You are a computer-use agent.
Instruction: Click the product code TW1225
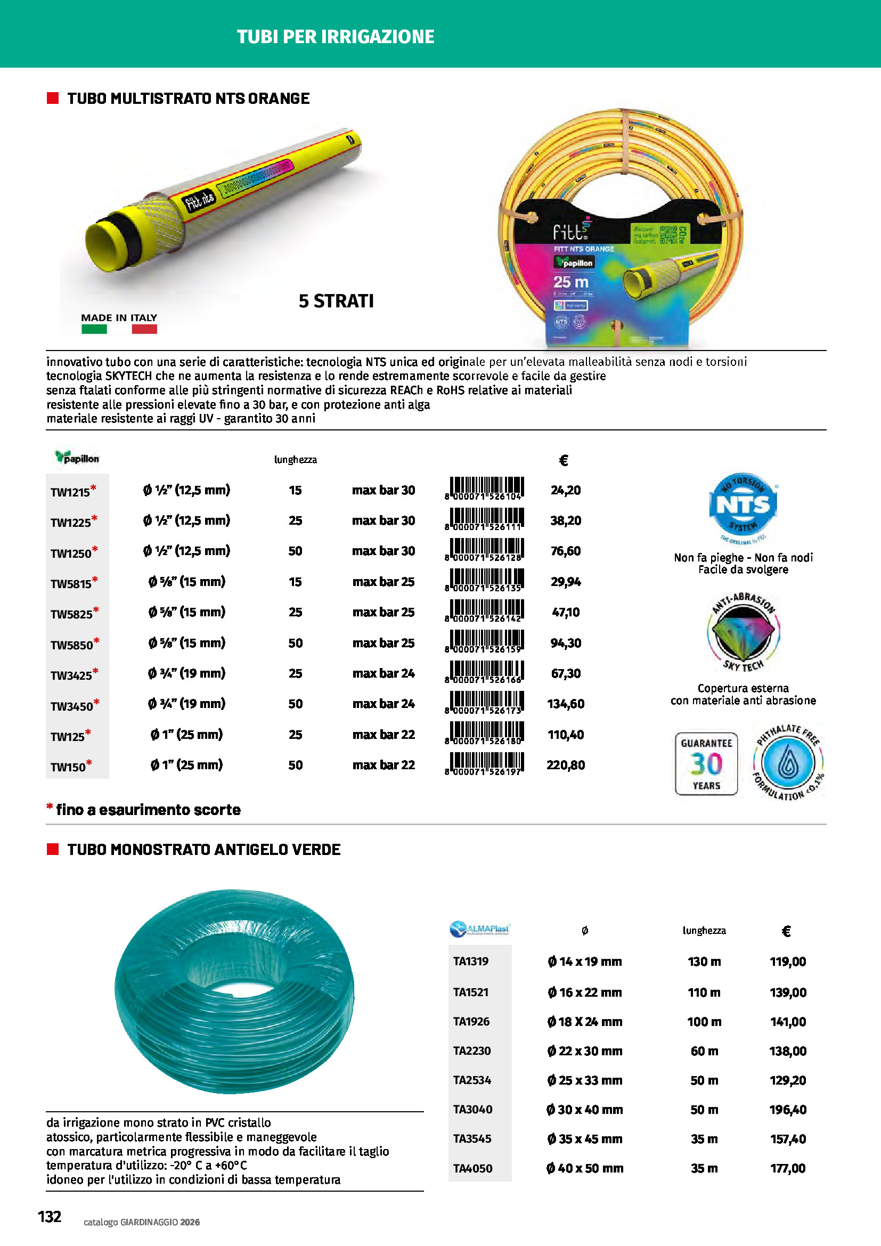coord(70,522)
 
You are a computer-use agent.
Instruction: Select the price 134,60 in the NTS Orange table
coord(565,704)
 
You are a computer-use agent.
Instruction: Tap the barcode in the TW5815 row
coord(484,580)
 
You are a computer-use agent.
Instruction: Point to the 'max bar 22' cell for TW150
coord(384,765)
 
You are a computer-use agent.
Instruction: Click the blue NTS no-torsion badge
coord(743,504)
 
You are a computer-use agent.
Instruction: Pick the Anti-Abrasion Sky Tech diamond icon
coord(743,633)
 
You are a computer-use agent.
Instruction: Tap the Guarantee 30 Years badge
coord(706,763)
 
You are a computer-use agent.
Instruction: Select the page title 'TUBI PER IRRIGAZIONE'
coord(335,36)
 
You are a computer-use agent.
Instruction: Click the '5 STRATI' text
coord(336,301)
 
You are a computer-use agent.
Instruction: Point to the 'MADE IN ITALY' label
coord(119,318)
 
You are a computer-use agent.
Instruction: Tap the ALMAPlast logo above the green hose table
coord(479,929)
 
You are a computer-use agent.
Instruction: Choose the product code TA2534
coord(472,1080)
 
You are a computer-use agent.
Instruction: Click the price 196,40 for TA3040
coord(788,1109)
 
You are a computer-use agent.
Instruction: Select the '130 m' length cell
coord(704,962)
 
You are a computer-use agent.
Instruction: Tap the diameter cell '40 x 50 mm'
coord(585,1168)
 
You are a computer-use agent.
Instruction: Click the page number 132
coord(50,1216)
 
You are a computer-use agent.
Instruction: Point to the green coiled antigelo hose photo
coord(234,991)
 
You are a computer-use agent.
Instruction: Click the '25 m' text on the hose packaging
coord(570,282)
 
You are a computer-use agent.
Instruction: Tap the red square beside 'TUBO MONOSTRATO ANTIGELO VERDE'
coord(53,849)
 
